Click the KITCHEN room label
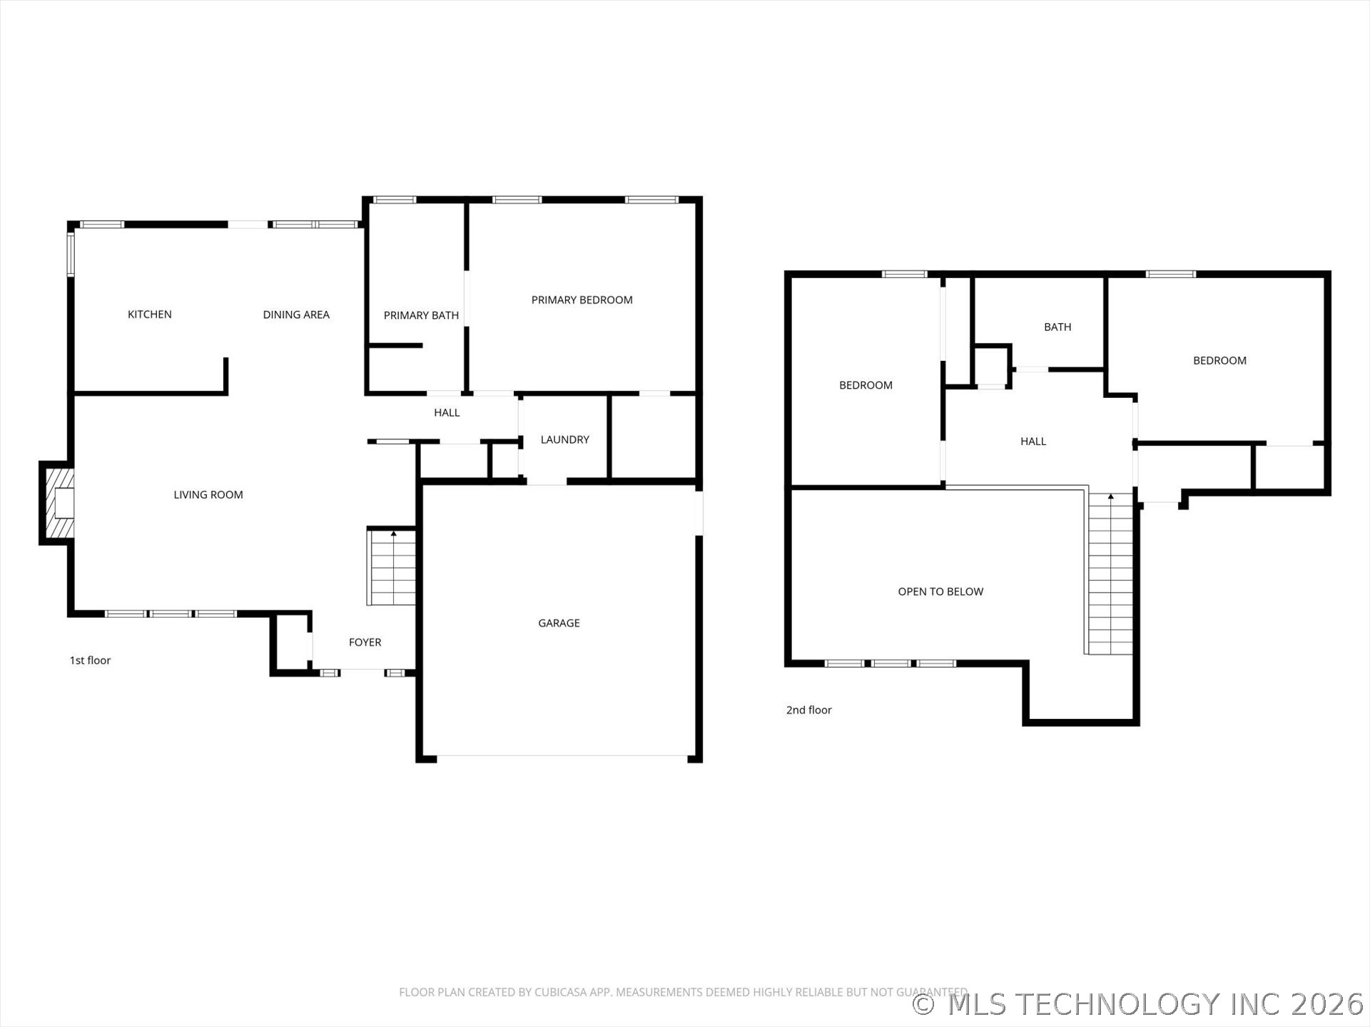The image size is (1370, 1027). [149, 315]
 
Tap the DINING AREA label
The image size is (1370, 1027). [296, 315]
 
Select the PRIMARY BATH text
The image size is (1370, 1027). [421, 315]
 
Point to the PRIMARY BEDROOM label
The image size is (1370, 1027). [582, 300]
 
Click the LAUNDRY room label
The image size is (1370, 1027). [564, 439]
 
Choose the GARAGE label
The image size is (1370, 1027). [559, 623]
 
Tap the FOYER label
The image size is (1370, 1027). [365, 643]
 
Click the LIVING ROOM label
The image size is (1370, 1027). [208, 495]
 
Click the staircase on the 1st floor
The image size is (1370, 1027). [392, 568]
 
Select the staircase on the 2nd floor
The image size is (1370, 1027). [1110, 574]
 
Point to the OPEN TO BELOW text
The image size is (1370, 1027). [940, 592]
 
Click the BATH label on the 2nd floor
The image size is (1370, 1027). [1057, 327]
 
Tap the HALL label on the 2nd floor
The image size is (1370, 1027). [1032, 441]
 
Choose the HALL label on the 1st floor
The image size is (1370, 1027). [447, 413]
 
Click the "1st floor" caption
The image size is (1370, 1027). [90, 660]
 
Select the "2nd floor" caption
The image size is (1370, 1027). [808, 710]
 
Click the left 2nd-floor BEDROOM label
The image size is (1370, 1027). [866, 385]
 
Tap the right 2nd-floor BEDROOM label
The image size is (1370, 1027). [1219, 361]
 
